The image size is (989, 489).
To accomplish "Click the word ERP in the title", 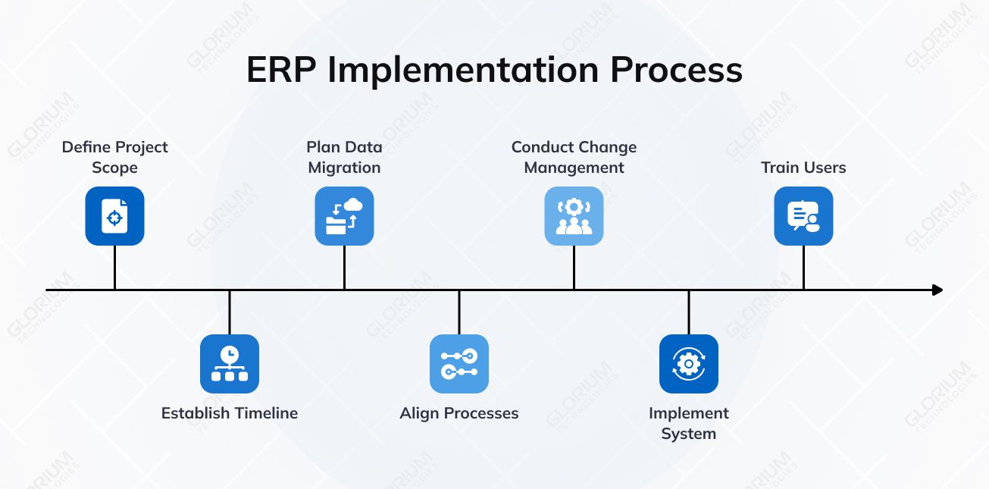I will click(x=281, y=70).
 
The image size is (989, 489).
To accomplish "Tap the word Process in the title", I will click(x=676, y=70).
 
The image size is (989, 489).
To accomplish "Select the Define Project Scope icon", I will click(x=114, y=216).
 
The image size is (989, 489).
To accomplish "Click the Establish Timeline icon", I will click(x=230, y=364).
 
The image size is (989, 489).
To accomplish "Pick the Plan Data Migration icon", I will click(x=344, y=216).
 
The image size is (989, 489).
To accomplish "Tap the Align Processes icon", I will click(x=459, y=364).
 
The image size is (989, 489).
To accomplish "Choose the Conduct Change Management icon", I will click(x=574, y=216).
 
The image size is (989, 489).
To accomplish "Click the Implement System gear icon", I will click(x=689, y=364).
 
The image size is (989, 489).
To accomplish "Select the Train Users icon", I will click(x=803, y=216).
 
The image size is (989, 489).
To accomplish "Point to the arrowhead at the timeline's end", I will click(x=937, y=290).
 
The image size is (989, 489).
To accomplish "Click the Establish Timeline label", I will click(x=230, y=413).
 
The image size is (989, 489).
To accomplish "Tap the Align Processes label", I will click(x=459, y=413).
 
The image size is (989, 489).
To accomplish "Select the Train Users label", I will click(x=803, y=168).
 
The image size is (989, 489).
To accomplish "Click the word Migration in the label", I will click(x=344, y=168).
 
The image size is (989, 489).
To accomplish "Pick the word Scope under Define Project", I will click(x=114, y=168).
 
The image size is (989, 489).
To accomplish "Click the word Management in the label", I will click(x=574, y=168).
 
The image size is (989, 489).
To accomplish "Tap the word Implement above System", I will click(x=689, y=413).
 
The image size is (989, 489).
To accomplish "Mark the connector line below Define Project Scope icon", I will click(x=114, y=267).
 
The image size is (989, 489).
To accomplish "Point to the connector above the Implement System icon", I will click(x=689, y=312).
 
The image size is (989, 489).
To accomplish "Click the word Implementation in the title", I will click(x=464, y=70).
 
